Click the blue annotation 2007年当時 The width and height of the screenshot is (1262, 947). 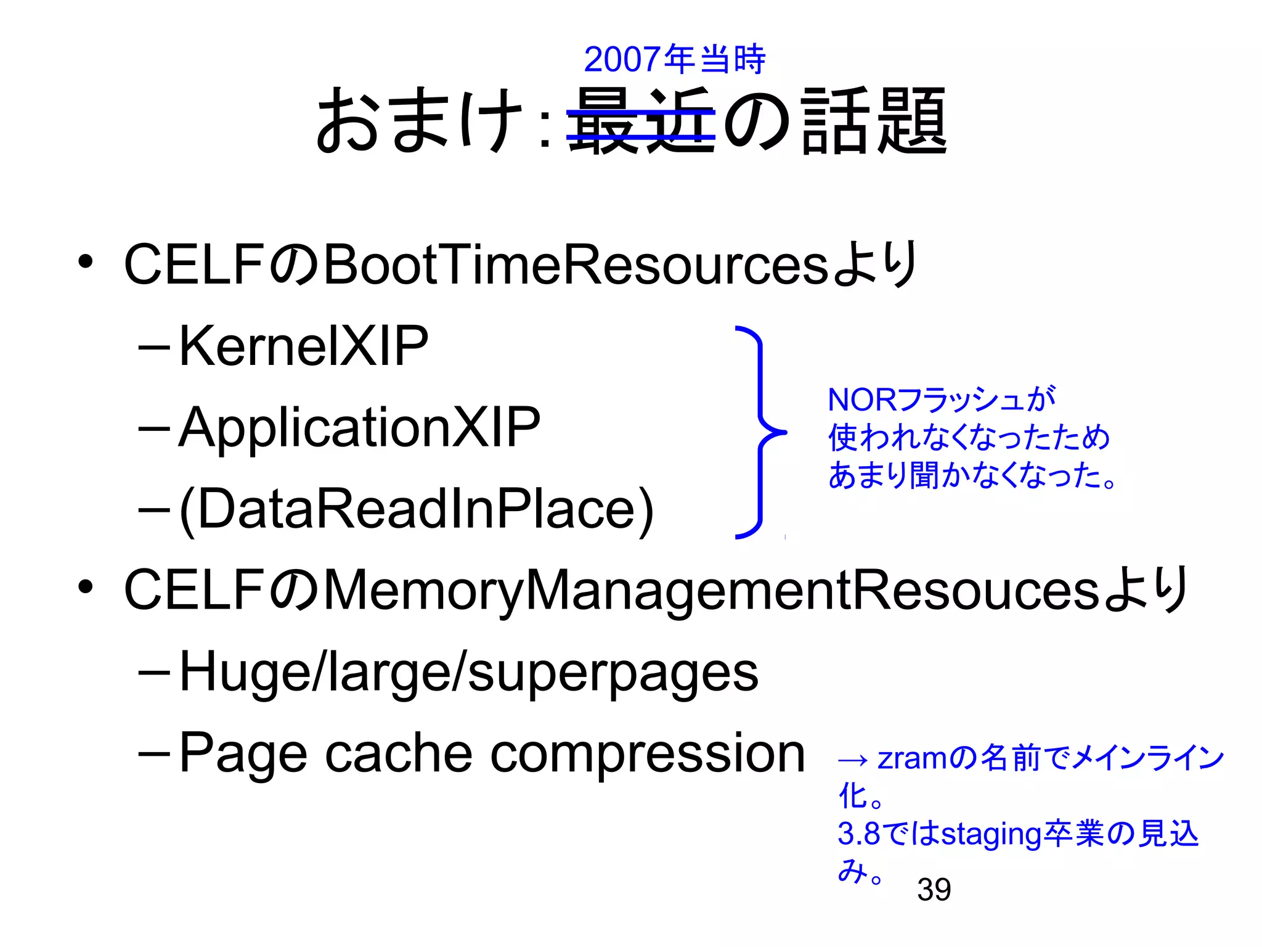pos(674,60)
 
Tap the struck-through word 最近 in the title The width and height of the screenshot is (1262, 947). pos(641,120)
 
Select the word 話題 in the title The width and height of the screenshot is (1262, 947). pos(874,120)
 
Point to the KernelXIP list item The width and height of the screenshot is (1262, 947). pos(303,346)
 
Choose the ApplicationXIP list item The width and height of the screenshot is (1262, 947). pos(359,427)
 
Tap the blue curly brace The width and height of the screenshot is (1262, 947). pos(761,432)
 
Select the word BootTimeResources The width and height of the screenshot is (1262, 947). pos(576,264)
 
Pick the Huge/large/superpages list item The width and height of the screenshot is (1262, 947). pos(468,672)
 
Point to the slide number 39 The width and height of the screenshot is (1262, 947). pos(934,889)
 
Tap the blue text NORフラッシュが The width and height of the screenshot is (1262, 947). pos(941,400)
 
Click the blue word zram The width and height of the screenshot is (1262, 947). pos(911,758)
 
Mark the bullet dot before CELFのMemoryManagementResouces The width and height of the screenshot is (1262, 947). pos(85,587)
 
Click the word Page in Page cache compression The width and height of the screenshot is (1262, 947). pos(243,753)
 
